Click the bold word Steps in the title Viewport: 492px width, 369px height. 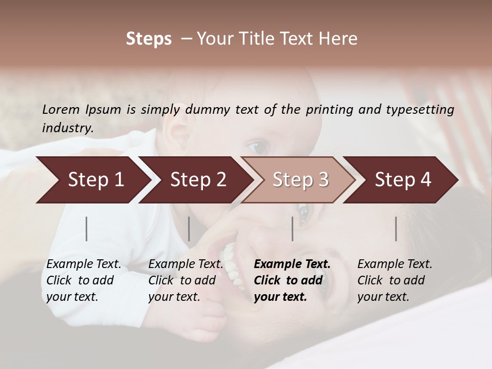[x=149, y=39]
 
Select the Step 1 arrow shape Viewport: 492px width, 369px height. [x=92, y=180]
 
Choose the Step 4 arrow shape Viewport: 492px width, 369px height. [x=402, y=180]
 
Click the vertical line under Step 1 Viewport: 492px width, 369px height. [x=87, y=229]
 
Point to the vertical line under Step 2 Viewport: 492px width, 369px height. [x=189, y=229]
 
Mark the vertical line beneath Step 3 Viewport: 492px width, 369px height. [x=293, y=229]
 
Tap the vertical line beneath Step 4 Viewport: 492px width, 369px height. [x=396, y=229]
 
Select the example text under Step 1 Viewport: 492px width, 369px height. [x=84, y=280]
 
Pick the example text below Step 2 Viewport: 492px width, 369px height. [x=186, y=280]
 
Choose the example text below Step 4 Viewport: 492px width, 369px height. [x=395, y=280]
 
